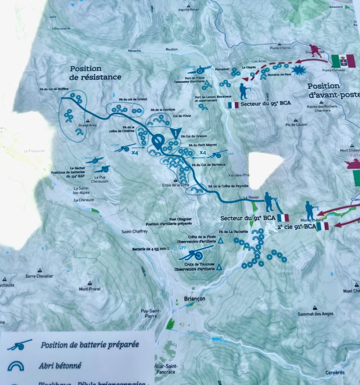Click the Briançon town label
click(192, 299)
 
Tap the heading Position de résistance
click(95, 73)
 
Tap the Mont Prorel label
click(89, 289)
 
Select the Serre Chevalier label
click(39, 276)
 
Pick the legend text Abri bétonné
click(60, 365)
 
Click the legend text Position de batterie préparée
click(90, 344)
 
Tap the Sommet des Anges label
click(315, 314)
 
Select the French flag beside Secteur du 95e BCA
click(233, 105)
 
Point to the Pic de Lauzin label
click(296, 124)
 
